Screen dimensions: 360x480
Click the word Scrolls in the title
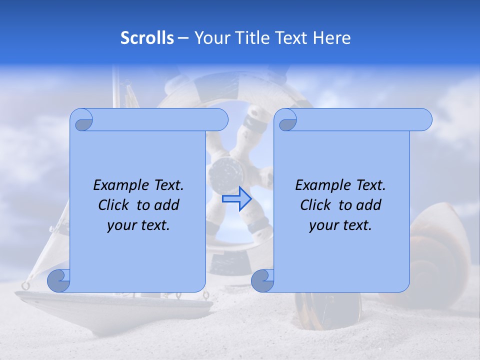(x=147, y=38)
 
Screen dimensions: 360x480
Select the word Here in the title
(x=331, y=38)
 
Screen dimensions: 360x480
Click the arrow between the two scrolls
(x=236, y=198)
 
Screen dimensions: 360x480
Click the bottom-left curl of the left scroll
(x=59, y=280)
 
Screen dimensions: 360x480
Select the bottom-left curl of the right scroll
(x=263, y=280)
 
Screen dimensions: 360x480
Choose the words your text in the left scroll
(x=138, y=225)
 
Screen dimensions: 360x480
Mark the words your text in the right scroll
(x=340, y=225)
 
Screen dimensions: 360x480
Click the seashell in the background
(x=440, y=250)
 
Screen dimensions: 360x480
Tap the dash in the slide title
(x=183, y=38)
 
